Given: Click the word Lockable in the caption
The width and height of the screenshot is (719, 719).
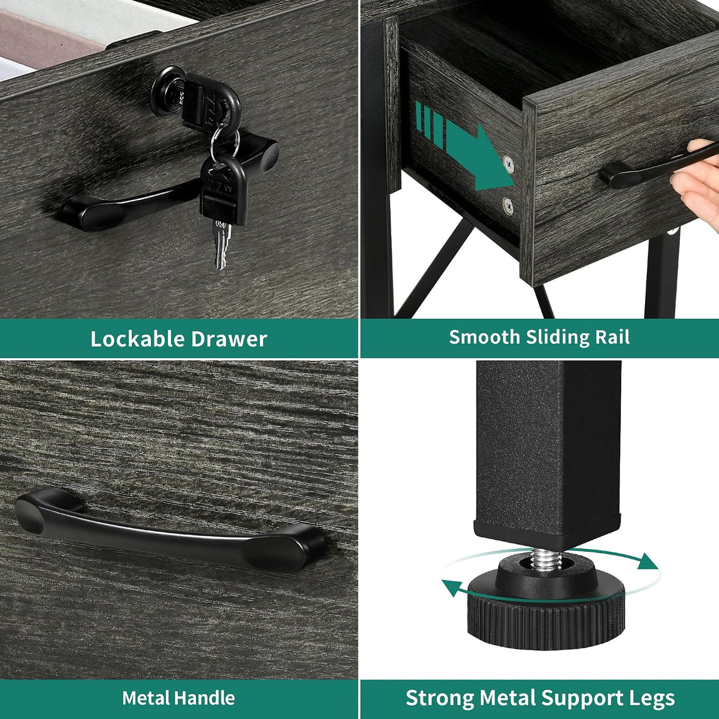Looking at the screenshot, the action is pos(137,339).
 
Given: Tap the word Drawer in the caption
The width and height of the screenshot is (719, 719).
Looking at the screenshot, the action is pos(229,339).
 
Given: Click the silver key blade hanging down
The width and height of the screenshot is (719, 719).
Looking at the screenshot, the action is pos(222,244).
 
